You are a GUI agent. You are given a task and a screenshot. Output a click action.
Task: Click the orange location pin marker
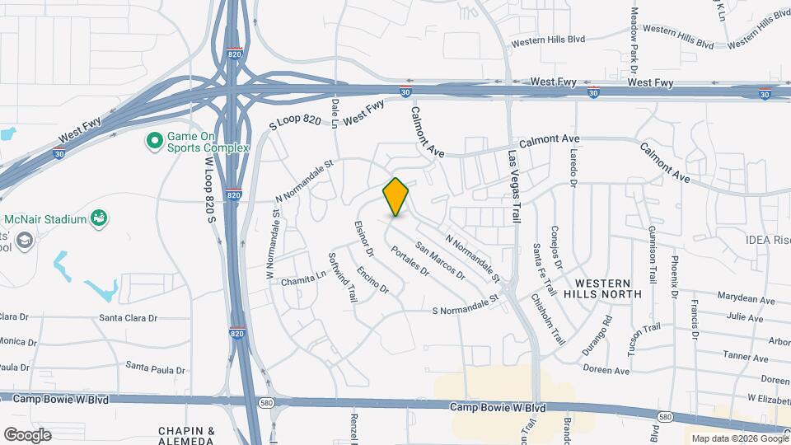395,197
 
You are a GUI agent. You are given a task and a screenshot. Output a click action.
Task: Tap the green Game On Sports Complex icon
153,142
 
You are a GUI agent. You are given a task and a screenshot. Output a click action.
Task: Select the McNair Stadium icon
100,219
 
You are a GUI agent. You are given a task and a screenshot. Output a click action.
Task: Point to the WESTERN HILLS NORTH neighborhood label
602,288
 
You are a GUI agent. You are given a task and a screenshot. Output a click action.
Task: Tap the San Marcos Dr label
441,260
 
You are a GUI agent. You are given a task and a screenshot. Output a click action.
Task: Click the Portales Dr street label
410,261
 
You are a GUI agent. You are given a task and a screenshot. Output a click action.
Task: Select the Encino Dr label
372,280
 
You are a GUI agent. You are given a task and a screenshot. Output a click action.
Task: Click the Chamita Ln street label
304,280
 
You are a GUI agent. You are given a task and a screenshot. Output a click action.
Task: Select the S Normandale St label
466,305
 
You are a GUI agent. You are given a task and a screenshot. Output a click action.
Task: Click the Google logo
27,434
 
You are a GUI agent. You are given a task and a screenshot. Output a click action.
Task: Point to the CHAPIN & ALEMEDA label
187,435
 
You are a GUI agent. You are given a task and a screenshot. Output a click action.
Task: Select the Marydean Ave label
746,301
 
